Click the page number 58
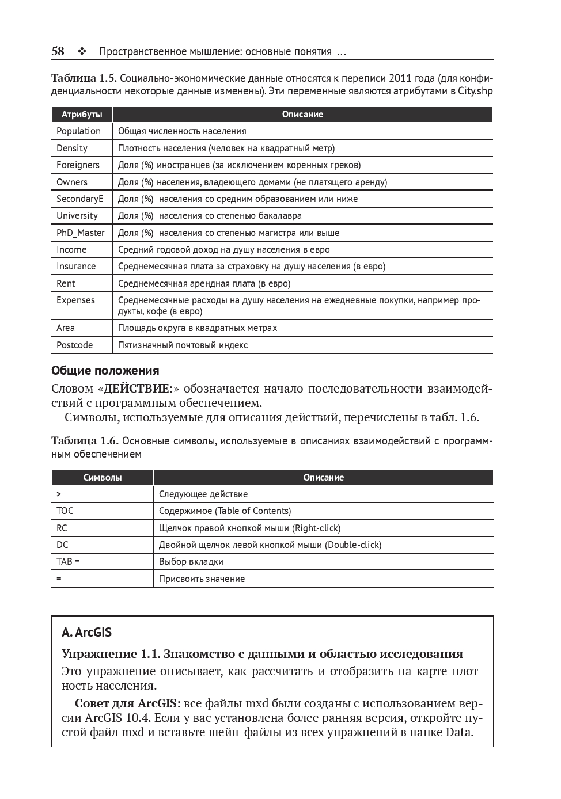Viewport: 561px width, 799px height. coord(58,51)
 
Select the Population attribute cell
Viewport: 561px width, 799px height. coord(78,131)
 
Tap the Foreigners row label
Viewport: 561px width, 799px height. coord(78,165)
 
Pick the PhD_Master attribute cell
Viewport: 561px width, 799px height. coord(81,233)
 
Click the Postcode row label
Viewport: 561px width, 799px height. coord(74,345)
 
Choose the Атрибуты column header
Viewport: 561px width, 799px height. coord(82,114)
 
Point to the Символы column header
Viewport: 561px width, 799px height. coord(103,477)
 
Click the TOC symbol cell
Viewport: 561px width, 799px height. coord(65,511)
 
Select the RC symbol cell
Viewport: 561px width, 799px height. coord(62,528)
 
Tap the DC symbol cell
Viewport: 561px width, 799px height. coord(62,545)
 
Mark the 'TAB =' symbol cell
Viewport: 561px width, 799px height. coord(68,561)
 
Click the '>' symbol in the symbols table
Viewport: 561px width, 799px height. coord(59,494)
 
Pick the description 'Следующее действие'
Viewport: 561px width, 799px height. coord(203,494)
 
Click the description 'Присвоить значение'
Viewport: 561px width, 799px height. coord(202,579)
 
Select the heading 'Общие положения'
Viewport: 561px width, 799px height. coord(105,370)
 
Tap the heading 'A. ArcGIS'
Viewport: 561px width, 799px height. coord(86,632)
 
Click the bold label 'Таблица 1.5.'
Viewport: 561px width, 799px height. coord(84,78)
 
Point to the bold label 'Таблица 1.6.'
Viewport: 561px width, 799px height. coord(85,441)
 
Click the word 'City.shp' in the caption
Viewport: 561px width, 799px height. coord(475,91)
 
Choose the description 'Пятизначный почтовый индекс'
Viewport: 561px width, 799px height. coord(183,345)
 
